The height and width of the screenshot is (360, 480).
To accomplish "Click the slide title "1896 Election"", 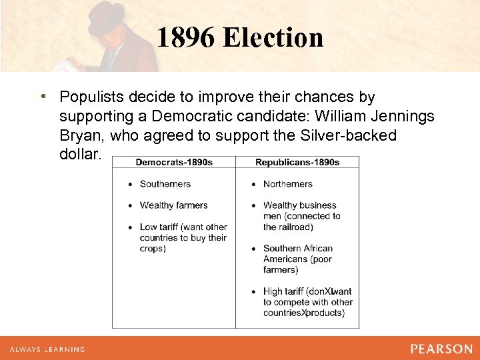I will (x=240, y=37).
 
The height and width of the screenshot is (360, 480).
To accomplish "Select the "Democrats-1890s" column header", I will (x=174, y=162).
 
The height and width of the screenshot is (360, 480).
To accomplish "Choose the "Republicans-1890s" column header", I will (x=297, y=162).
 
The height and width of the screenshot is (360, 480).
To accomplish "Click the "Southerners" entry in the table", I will (x=165, y=184).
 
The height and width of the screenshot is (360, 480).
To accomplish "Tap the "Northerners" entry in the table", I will (x=287, y=184).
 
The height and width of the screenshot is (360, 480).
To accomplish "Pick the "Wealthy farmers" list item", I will (x=173, y=205).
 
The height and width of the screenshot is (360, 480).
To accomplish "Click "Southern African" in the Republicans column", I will (x=297, y=249).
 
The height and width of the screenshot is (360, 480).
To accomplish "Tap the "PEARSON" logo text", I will (x=441, y=349).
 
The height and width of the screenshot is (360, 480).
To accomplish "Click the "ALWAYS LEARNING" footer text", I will (x=47, y=349).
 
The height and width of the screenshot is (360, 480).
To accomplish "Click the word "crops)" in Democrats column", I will (x=153, y=249).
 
